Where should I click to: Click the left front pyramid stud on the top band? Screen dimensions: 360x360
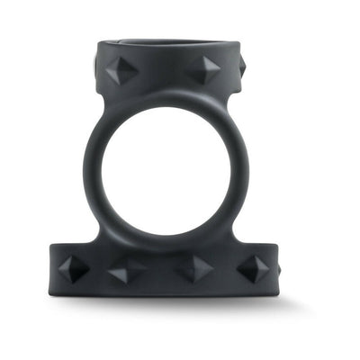point(122,70)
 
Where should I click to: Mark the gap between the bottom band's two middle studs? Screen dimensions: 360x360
point(160,270)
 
